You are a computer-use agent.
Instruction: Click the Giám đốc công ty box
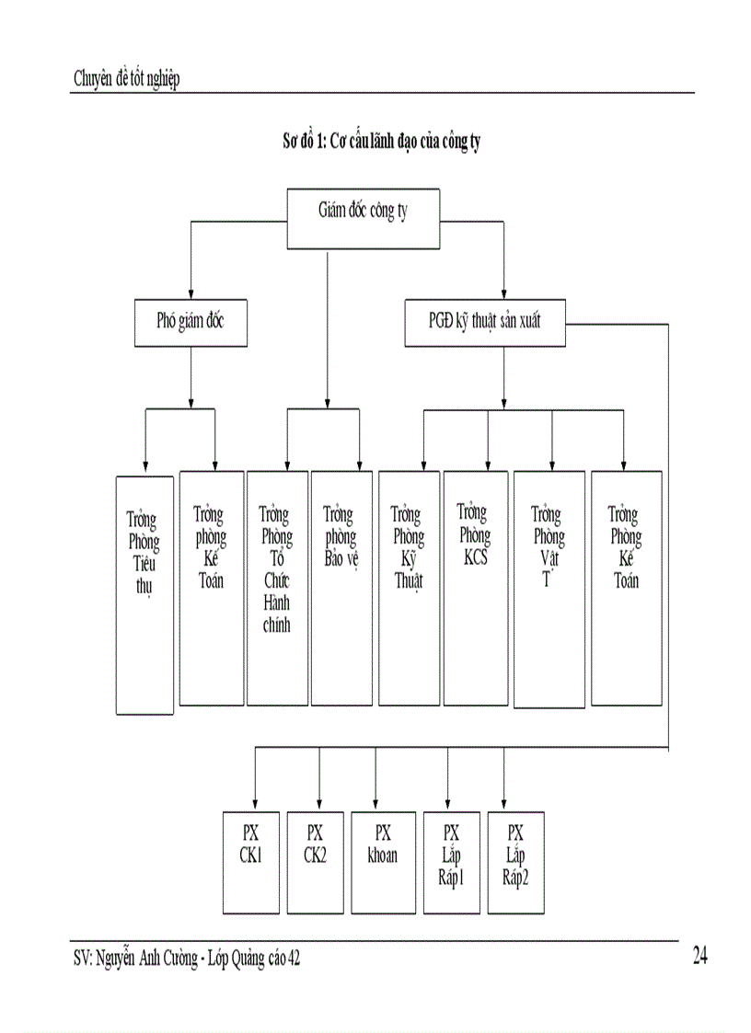click(363, 218)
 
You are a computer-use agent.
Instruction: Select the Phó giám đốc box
click(191, 323)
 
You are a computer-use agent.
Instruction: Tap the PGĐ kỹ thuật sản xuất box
click(485, 323)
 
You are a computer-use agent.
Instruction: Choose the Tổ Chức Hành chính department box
click(277, 588)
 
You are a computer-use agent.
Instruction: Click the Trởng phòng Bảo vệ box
click(341, 588)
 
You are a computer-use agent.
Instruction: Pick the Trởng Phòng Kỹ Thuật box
click(409, 588)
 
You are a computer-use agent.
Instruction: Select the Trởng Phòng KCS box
click(475, 588)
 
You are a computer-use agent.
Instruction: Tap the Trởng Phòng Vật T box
click(549, 590)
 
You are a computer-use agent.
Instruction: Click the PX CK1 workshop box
click(251, 862)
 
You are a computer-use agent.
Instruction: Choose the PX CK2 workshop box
click(315, 862)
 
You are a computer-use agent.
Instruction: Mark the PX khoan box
click(383, 862)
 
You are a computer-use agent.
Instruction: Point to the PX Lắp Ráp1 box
click(451, 862)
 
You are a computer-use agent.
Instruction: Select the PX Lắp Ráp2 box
click(515, 862)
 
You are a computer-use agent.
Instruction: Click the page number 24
click(699, 957)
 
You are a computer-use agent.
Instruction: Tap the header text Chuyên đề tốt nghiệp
click(126, 79)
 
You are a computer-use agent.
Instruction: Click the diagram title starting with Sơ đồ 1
click(381, 142)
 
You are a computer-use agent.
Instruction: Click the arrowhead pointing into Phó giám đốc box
click(191, 293)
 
